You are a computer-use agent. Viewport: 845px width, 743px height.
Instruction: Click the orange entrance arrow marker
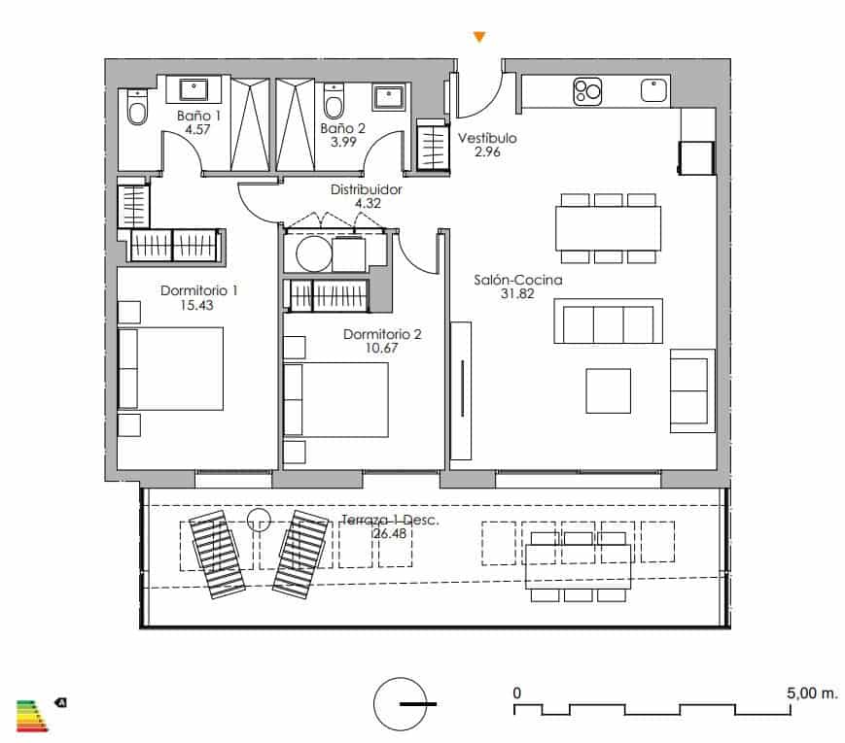click(x=477, y=38)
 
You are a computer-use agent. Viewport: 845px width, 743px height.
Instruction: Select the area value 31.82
click(x=505, y=294)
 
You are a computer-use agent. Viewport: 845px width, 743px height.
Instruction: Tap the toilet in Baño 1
click(x=136, y=108)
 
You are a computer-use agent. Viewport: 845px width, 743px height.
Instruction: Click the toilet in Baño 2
click(x=334, y=102)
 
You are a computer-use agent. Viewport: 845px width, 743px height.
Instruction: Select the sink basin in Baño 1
click(x=197, y=90)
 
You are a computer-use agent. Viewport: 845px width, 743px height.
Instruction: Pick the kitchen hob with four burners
click(x=587, y=91)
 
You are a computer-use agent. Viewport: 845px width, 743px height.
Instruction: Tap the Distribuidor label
click(x=366, y=190)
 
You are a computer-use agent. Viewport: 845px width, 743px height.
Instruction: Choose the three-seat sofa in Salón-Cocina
click(x=608, y=321)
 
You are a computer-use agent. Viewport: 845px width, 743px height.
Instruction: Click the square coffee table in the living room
click(x=608, y=390)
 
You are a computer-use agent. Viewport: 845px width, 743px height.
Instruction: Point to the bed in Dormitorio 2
click(x=336, y=399)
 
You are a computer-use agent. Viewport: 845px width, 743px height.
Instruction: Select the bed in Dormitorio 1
click(x=170, y=368)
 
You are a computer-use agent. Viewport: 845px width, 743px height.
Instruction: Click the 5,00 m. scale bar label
click(x=812, y=693)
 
